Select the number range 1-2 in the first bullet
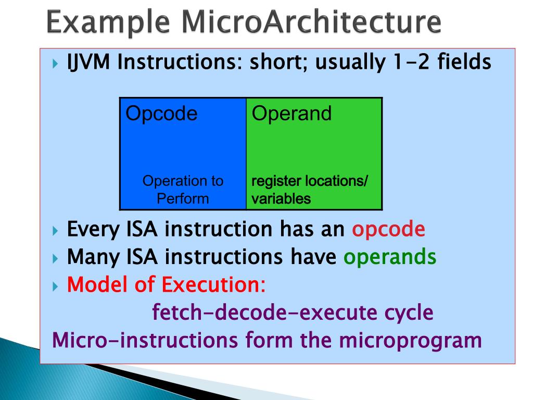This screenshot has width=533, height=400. coord(405,63)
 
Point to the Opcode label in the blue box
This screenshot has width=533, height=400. coord(161,114)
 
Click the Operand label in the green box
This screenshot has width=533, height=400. coord(291,114)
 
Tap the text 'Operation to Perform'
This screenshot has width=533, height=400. coord(183,190)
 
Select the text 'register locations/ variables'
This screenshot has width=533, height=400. coord(310,190)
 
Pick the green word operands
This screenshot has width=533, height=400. coord(390,257)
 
